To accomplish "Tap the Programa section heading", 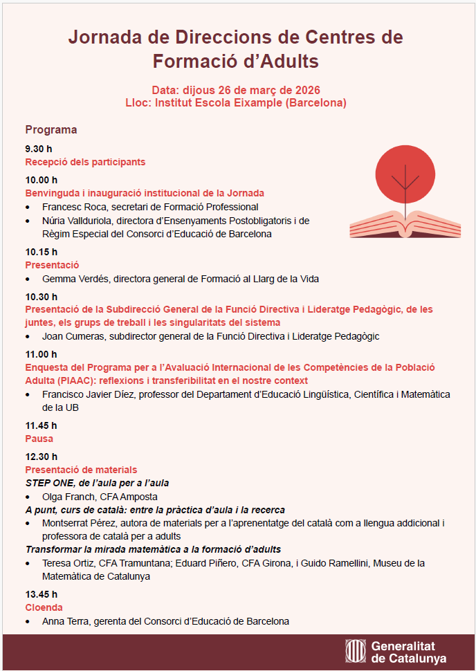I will coord(51,130).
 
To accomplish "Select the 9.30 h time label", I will coord(39,149).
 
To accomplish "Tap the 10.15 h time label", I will coord(42,252).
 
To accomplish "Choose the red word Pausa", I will coord(39,439).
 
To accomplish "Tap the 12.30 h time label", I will coord(42,457).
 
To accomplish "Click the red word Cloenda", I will coord(44,607).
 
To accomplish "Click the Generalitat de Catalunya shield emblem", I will coord(356,652).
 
